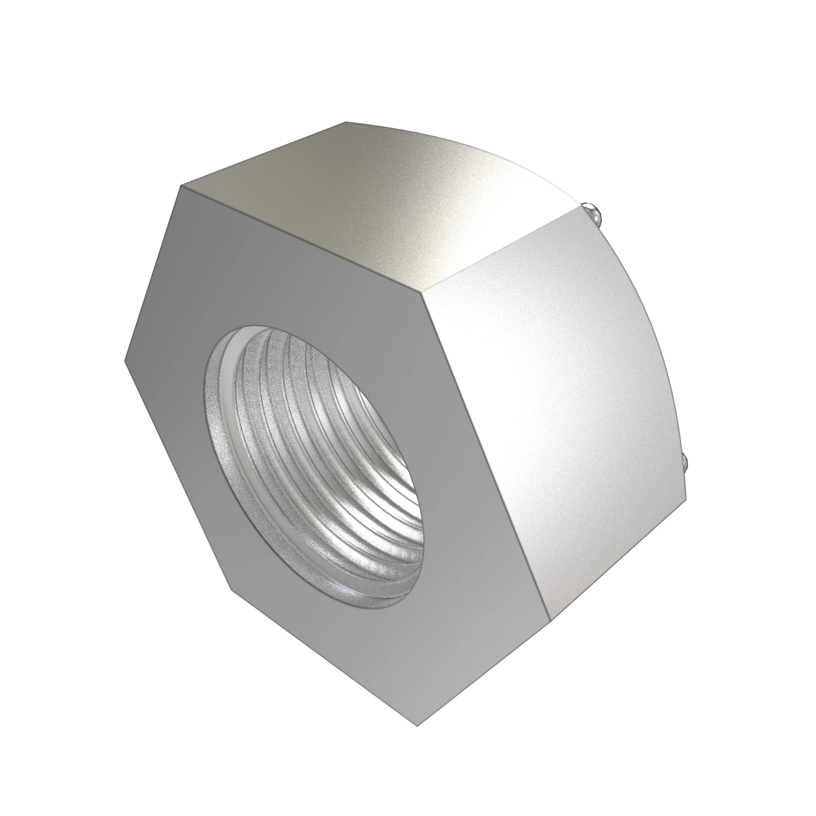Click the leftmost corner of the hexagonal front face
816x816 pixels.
(x=125, y=361)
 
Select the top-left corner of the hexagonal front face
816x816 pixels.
(x=181, y=186)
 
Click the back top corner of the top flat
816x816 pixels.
(x=346, y=122)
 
